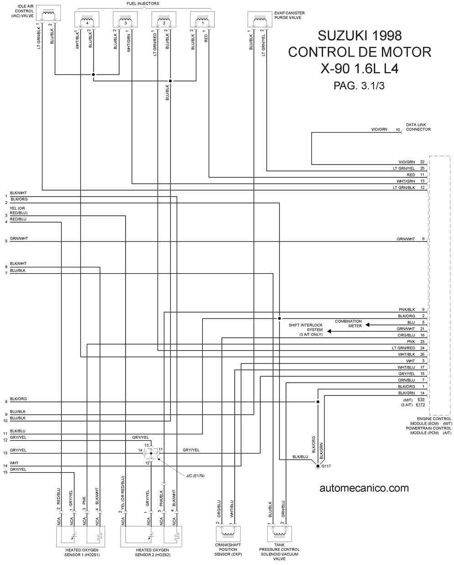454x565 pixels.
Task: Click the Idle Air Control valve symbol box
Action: coord(48,13)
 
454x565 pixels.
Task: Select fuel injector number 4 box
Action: coord(87,19)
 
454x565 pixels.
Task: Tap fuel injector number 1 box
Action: coord(202,19)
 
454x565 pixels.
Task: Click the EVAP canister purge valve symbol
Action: coord(260,19)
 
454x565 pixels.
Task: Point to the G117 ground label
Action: coord(326,466)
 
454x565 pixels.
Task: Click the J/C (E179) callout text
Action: coord(195,476)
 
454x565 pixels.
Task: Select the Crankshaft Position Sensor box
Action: coord(228,534)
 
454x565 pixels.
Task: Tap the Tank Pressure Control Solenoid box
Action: coord(280,534)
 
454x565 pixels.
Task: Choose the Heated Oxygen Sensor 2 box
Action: coord(151,537)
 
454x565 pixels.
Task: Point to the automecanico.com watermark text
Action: coord(364,488)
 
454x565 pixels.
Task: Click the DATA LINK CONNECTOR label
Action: coord(418,127)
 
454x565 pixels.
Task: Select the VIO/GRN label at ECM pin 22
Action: coord(407,162)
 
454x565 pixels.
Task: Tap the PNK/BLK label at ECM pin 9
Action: coord(407,309)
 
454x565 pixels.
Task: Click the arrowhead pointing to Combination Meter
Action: coord(368,325)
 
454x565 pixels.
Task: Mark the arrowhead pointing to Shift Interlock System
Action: coord(329,331)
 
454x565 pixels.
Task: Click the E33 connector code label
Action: coord(421,400)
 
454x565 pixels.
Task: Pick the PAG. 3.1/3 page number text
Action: coord(359,85)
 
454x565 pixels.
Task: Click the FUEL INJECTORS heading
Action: coord(143,4)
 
